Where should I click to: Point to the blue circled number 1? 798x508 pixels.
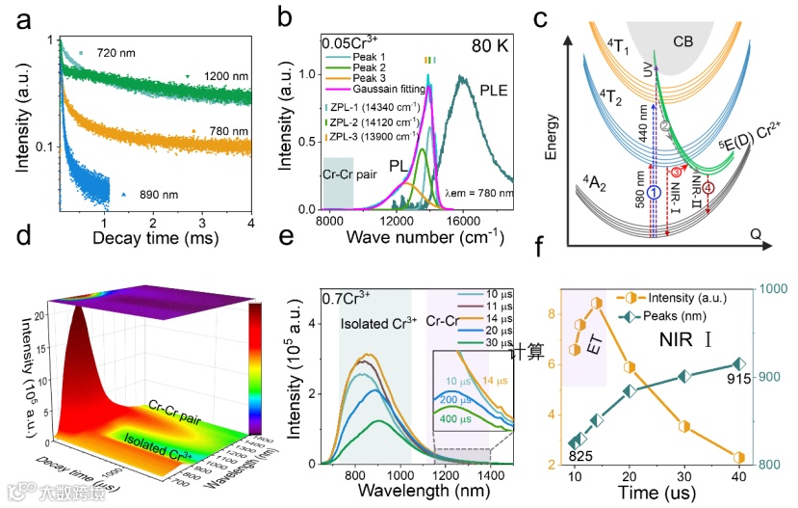click(655, 193)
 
